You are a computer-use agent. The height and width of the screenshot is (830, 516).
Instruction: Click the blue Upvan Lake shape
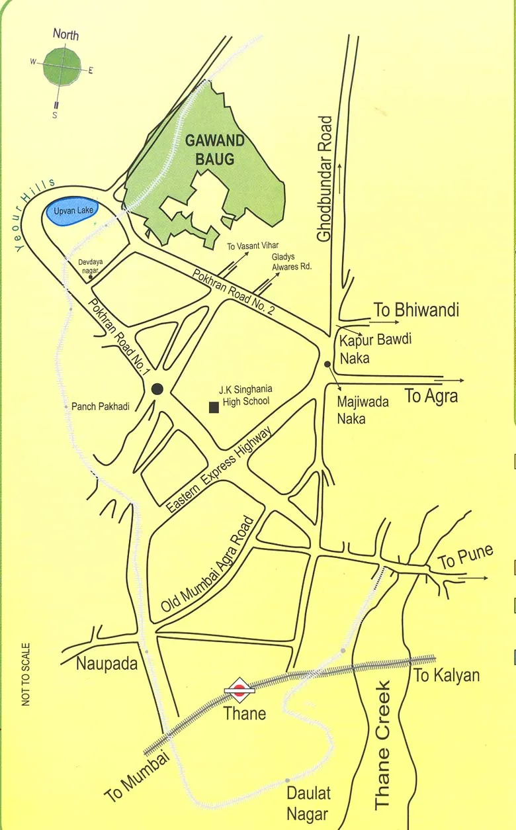click(x=71, y=212)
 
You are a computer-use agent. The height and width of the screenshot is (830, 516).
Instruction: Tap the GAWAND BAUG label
click(x=214, y=150)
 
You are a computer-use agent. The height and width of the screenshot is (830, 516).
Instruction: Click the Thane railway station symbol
click(x=239, y=690)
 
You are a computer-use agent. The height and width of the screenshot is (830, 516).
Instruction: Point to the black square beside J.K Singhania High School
click(x=214, y=407)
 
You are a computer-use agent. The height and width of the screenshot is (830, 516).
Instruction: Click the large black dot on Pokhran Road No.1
click(x=157, y=389)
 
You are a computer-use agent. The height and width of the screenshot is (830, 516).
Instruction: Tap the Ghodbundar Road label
click(x=325, y=179)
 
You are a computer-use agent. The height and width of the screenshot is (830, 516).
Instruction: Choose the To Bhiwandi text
click(x=416, y=310)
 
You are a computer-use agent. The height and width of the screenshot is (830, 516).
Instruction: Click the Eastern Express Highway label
click(x=219, y=470)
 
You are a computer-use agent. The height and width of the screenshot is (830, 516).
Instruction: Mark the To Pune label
click(x=466, y=557)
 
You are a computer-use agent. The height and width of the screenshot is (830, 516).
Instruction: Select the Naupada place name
click(x=107, y=663)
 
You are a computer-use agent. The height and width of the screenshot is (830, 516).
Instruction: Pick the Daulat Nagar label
click(x=308, y=803)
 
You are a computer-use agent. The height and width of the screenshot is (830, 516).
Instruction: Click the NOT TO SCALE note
click(x=26, y=674)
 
